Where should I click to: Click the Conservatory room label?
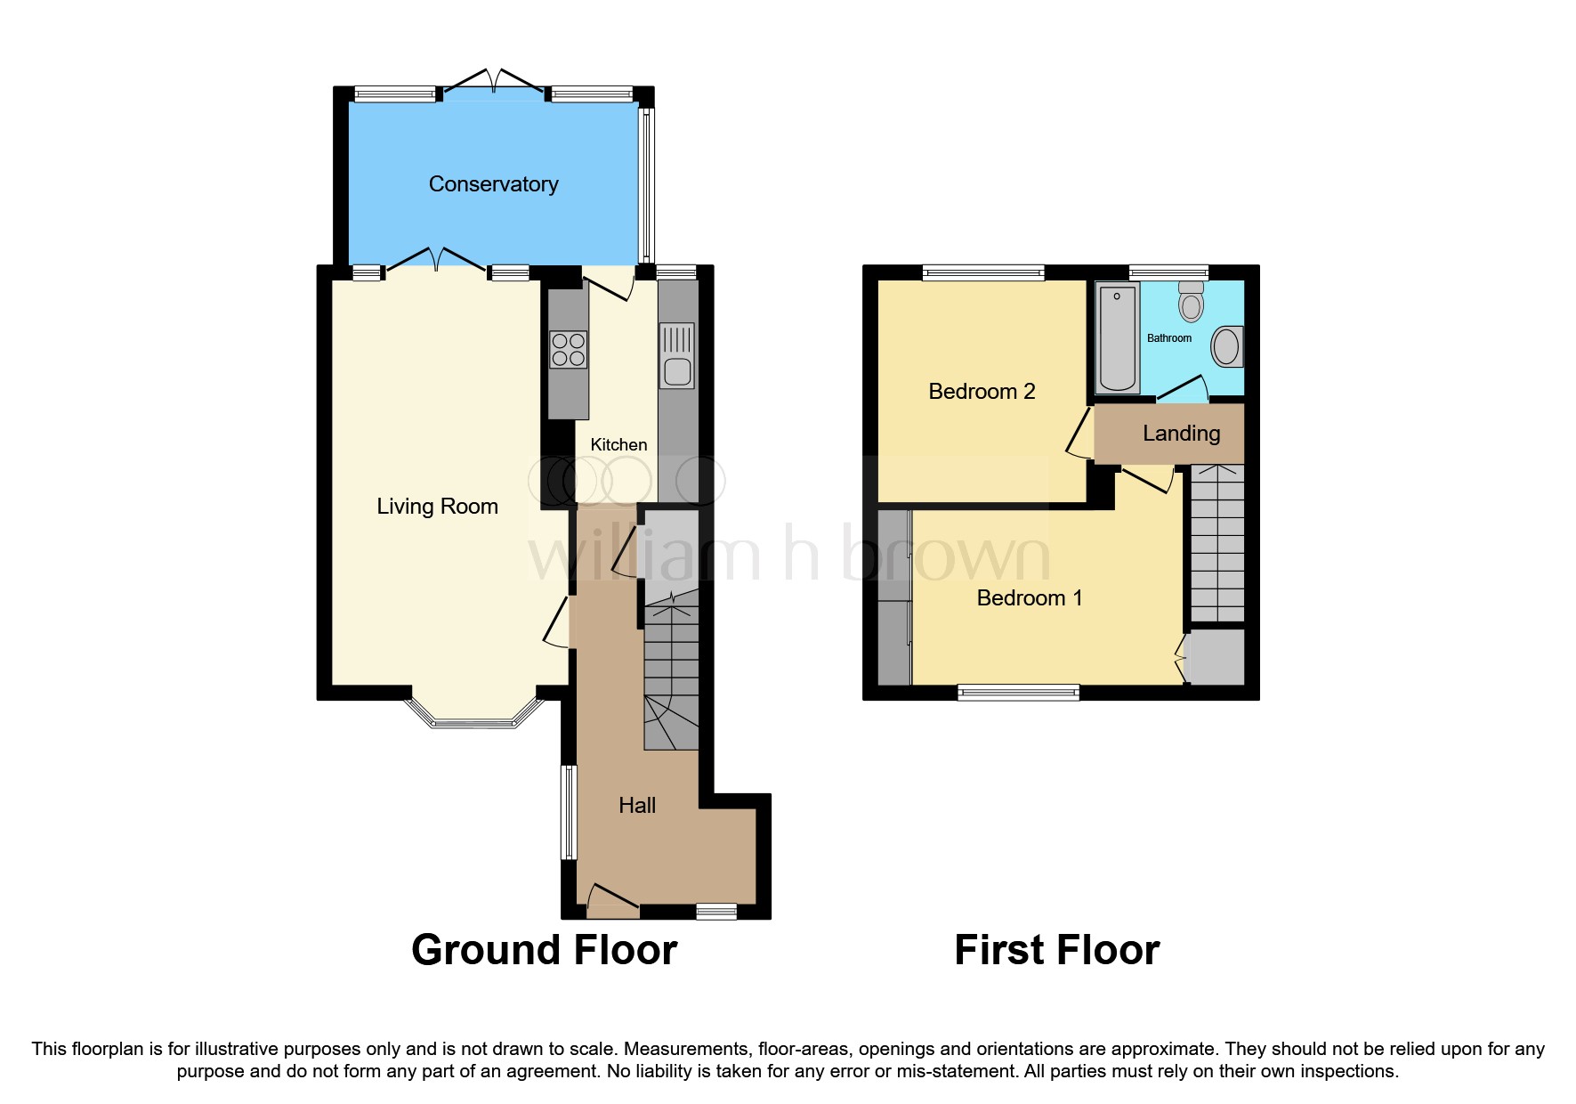pos(493,184)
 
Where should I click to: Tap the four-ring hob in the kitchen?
pos(568,349)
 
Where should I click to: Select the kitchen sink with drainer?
pos(676,357)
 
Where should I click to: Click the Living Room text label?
pos(437,507)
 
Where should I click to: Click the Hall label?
pos(637,806)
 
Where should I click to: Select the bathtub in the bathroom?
pos(1117,338)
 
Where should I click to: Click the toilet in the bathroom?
pos(1191,302)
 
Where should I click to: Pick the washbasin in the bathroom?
pos(1226,347)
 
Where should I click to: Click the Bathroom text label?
pos(1168,338)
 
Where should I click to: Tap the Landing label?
pos(1181,434)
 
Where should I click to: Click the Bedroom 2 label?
pos(982,392)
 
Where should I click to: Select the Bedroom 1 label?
pos(1030,598)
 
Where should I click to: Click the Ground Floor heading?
pos(544,950)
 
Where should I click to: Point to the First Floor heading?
pos(1056,950)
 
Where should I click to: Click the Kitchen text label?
pos(618,445)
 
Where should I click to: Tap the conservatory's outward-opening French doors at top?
pos(494,82)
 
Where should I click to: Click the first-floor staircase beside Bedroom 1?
pos(1216,543)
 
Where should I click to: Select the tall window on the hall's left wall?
pos(568,811)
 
